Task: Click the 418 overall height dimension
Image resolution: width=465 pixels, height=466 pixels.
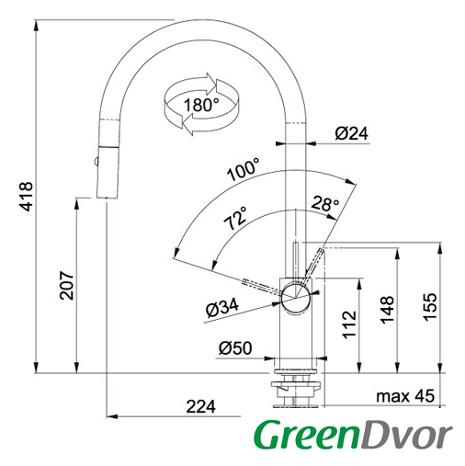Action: coord(26,197)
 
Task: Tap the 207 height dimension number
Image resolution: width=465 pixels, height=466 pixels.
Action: coord(66,285)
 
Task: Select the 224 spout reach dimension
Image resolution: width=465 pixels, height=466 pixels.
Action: coord(201,407)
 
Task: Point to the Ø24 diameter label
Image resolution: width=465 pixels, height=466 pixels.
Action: coord(351,133)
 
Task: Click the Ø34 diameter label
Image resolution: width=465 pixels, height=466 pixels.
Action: coord(222,308)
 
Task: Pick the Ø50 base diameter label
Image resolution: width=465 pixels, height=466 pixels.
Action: coord(235,348)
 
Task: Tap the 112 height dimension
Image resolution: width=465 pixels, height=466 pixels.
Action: coord(349,324)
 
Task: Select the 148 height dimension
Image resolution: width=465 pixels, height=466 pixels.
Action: coord(387,310)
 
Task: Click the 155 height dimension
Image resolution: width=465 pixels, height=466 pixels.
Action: coord(429,307)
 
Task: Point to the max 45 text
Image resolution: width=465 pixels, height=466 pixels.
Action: coord(405,396)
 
